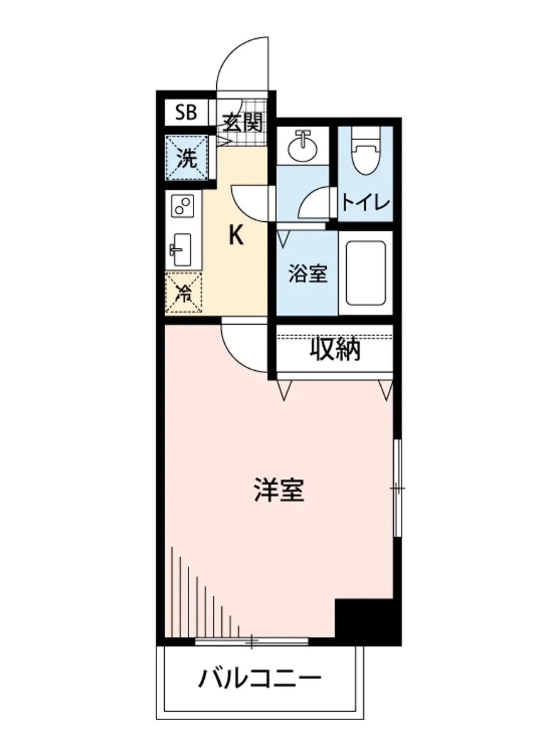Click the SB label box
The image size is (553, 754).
tap(186, 113)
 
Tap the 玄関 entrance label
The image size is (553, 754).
tap(243, 121)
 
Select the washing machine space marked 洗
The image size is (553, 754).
tap(186, 158)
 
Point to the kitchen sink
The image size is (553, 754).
tap(182, 249)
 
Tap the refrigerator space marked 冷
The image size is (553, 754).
tap(184, 293)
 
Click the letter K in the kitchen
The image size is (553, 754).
tap(236, 236)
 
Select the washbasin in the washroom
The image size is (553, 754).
tap(304, 146)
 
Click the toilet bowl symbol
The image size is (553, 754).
tap(365, 154)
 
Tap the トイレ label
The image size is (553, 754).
tap(366, 202)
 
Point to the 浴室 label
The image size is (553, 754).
tap(308, 274)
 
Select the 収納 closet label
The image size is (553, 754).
tap(336, 350)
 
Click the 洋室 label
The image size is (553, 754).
tap(279, 490)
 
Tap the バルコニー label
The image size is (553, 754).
tap(260, 679)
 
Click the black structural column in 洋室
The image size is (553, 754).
tap(367, 621)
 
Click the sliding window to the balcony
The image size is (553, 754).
tap(251, 642)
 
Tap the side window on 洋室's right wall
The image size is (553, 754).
tap(397, 488)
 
